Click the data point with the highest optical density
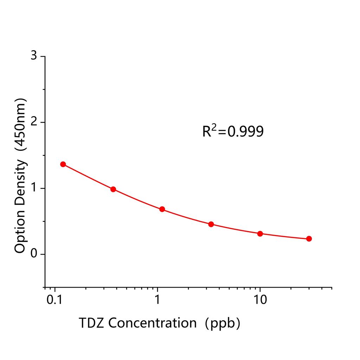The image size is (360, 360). [63, 164]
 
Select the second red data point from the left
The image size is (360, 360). [113, 189]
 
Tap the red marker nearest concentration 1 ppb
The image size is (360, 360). [162, 209]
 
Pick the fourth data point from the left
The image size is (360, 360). [211, 224]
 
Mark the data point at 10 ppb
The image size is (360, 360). [260, 233]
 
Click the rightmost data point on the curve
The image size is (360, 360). [309, 239]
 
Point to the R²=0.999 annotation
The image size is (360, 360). [233, 131]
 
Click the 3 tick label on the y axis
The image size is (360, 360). [34, 56]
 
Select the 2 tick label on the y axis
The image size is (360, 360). [34, 122]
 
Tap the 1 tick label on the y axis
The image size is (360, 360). [34, 188]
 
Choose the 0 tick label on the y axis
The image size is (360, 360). [34, 254]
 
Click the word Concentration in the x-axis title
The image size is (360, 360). [152, 322]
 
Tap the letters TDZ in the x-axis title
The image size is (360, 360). [91, 322]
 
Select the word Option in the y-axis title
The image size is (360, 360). [20, 232]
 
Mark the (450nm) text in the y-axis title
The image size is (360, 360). [20, 125]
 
